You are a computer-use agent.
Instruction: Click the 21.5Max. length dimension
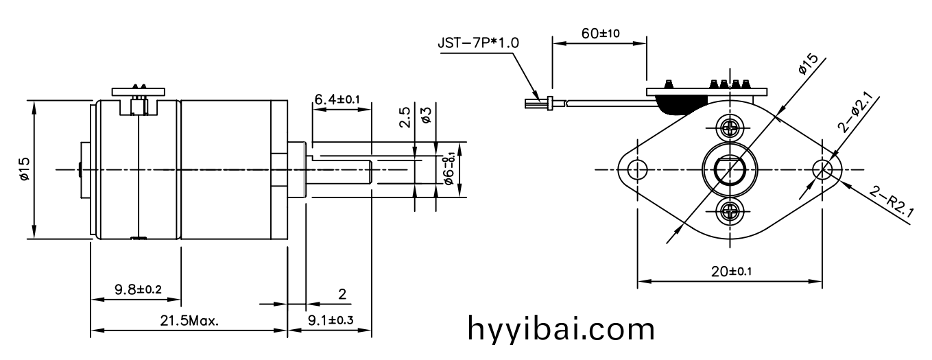pos(189,321)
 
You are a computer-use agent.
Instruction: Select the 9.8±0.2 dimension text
pos(138,289)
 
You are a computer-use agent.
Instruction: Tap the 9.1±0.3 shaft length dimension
pos(331,320)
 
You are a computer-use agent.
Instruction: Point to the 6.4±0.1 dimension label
pos(337,99)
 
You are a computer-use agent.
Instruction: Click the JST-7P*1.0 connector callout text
pos(478,43)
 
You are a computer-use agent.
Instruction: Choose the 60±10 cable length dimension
pos(600,34)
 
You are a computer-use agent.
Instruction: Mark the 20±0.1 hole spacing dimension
pos(731,272)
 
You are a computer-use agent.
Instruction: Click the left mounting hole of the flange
pos(637,170)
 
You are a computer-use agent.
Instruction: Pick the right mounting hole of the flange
pos(822,170)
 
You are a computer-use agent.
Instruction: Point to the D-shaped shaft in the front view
pos(730,171)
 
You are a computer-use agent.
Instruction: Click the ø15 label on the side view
pos(24,169)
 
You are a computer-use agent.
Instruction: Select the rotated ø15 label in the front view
pos(809,64)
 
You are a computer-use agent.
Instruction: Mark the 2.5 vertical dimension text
pos(405,117)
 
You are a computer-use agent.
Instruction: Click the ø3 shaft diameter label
pos(426,115)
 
